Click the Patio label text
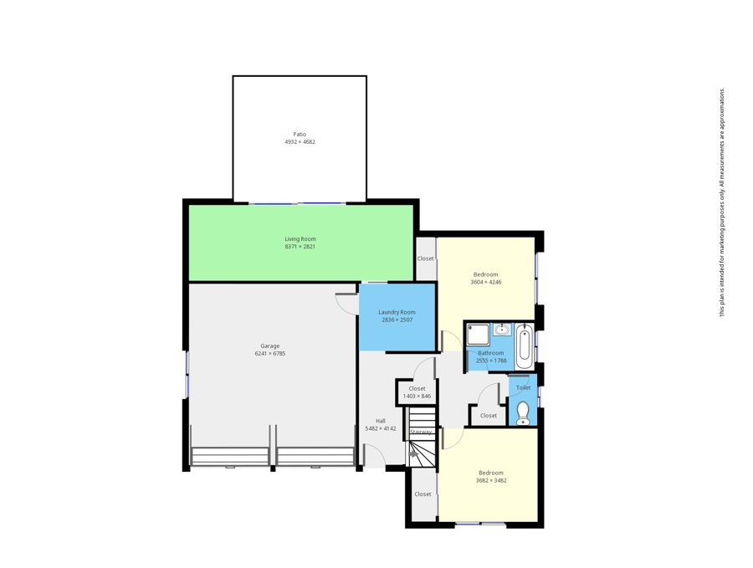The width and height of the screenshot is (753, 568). point(300,135)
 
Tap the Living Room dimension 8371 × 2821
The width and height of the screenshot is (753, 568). point(300,247)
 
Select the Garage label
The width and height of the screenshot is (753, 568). point(270,345)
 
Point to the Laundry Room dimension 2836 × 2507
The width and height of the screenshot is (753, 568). point(397,320)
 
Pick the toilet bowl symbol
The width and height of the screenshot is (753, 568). point(523,413)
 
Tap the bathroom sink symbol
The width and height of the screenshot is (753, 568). point(502,330)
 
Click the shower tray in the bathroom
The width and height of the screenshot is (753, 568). point(478,334)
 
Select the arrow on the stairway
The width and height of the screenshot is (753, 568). point(413,453)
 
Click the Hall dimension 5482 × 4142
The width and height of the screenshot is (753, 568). point(381,428)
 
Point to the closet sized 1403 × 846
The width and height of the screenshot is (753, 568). point(417,392)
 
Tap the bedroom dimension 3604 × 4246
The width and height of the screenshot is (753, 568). point(486,282)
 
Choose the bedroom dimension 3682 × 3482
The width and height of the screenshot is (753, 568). point(491,480)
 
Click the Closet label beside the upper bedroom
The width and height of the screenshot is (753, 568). point(426,258)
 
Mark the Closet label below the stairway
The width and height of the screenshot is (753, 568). point(423,494)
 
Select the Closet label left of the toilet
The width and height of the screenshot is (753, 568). point(489,416)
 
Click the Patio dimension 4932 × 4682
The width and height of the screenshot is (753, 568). point(300,142)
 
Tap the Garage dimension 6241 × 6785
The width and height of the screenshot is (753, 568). point(270,353)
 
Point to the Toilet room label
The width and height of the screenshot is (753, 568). point(524,387)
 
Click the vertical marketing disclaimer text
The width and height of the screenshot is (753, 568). point(721,202)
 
